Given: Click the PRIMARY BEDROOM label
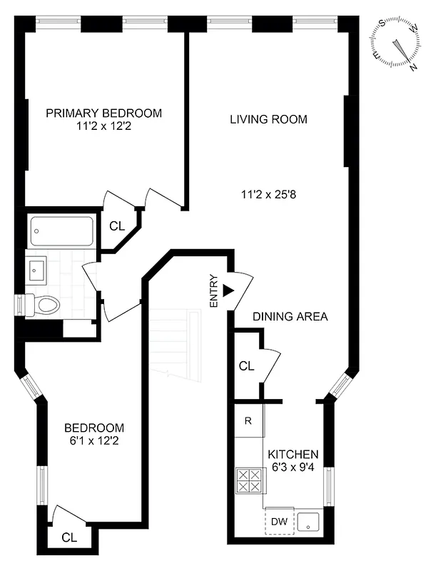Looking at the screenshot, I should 103,113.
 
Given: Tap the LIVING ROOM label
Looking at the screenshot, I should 268,119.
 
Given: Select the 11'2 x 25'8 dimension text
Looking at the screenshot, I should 268,192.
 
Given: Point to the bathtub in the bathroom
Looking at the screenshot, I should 61,231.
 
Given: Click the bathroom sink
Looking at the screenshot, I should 37,269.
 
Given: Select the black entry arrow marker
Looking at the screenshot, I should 228,290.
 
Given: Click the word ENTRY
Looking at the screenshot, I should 213,291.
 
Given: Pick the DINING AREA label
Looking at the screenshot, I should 290,316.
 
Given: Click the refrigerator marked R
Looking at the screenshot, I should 248,420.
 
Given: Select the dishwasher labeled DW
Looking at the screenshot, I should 278,522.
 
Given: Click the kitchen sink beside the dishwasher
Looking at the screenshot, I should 308,522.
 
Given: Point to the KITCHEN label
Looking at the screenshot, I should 292,455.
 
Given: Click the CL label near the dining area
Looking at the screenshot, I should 246,366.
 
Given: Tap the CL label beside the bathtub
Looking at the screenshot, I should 117,226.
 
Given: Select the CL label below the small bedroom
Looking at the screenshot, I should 69,537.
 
